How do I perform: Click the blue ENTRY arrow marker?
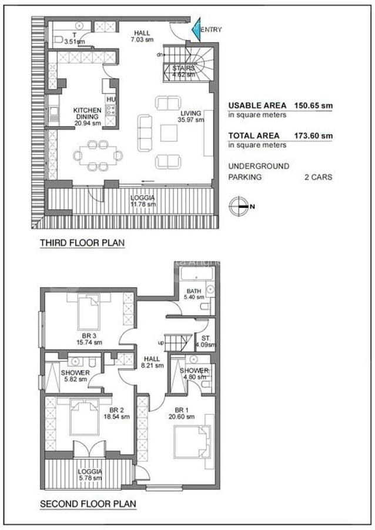196,31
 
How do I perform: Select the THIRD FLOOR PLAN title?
82,243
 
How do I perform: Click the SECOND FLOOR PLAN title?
88,504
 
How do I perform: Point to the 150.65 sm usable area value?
314,106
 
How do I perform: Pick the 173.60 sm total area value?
314,135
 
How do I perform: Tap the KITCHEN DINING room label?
87,117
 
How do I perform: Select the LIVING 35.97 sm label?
192,117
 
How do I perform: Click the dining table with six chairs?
98,155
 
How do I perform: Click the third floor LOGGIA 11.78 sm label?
143,201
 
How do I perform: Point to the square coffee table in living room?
169,134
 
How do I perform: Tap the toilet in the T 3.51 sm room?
59,39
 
